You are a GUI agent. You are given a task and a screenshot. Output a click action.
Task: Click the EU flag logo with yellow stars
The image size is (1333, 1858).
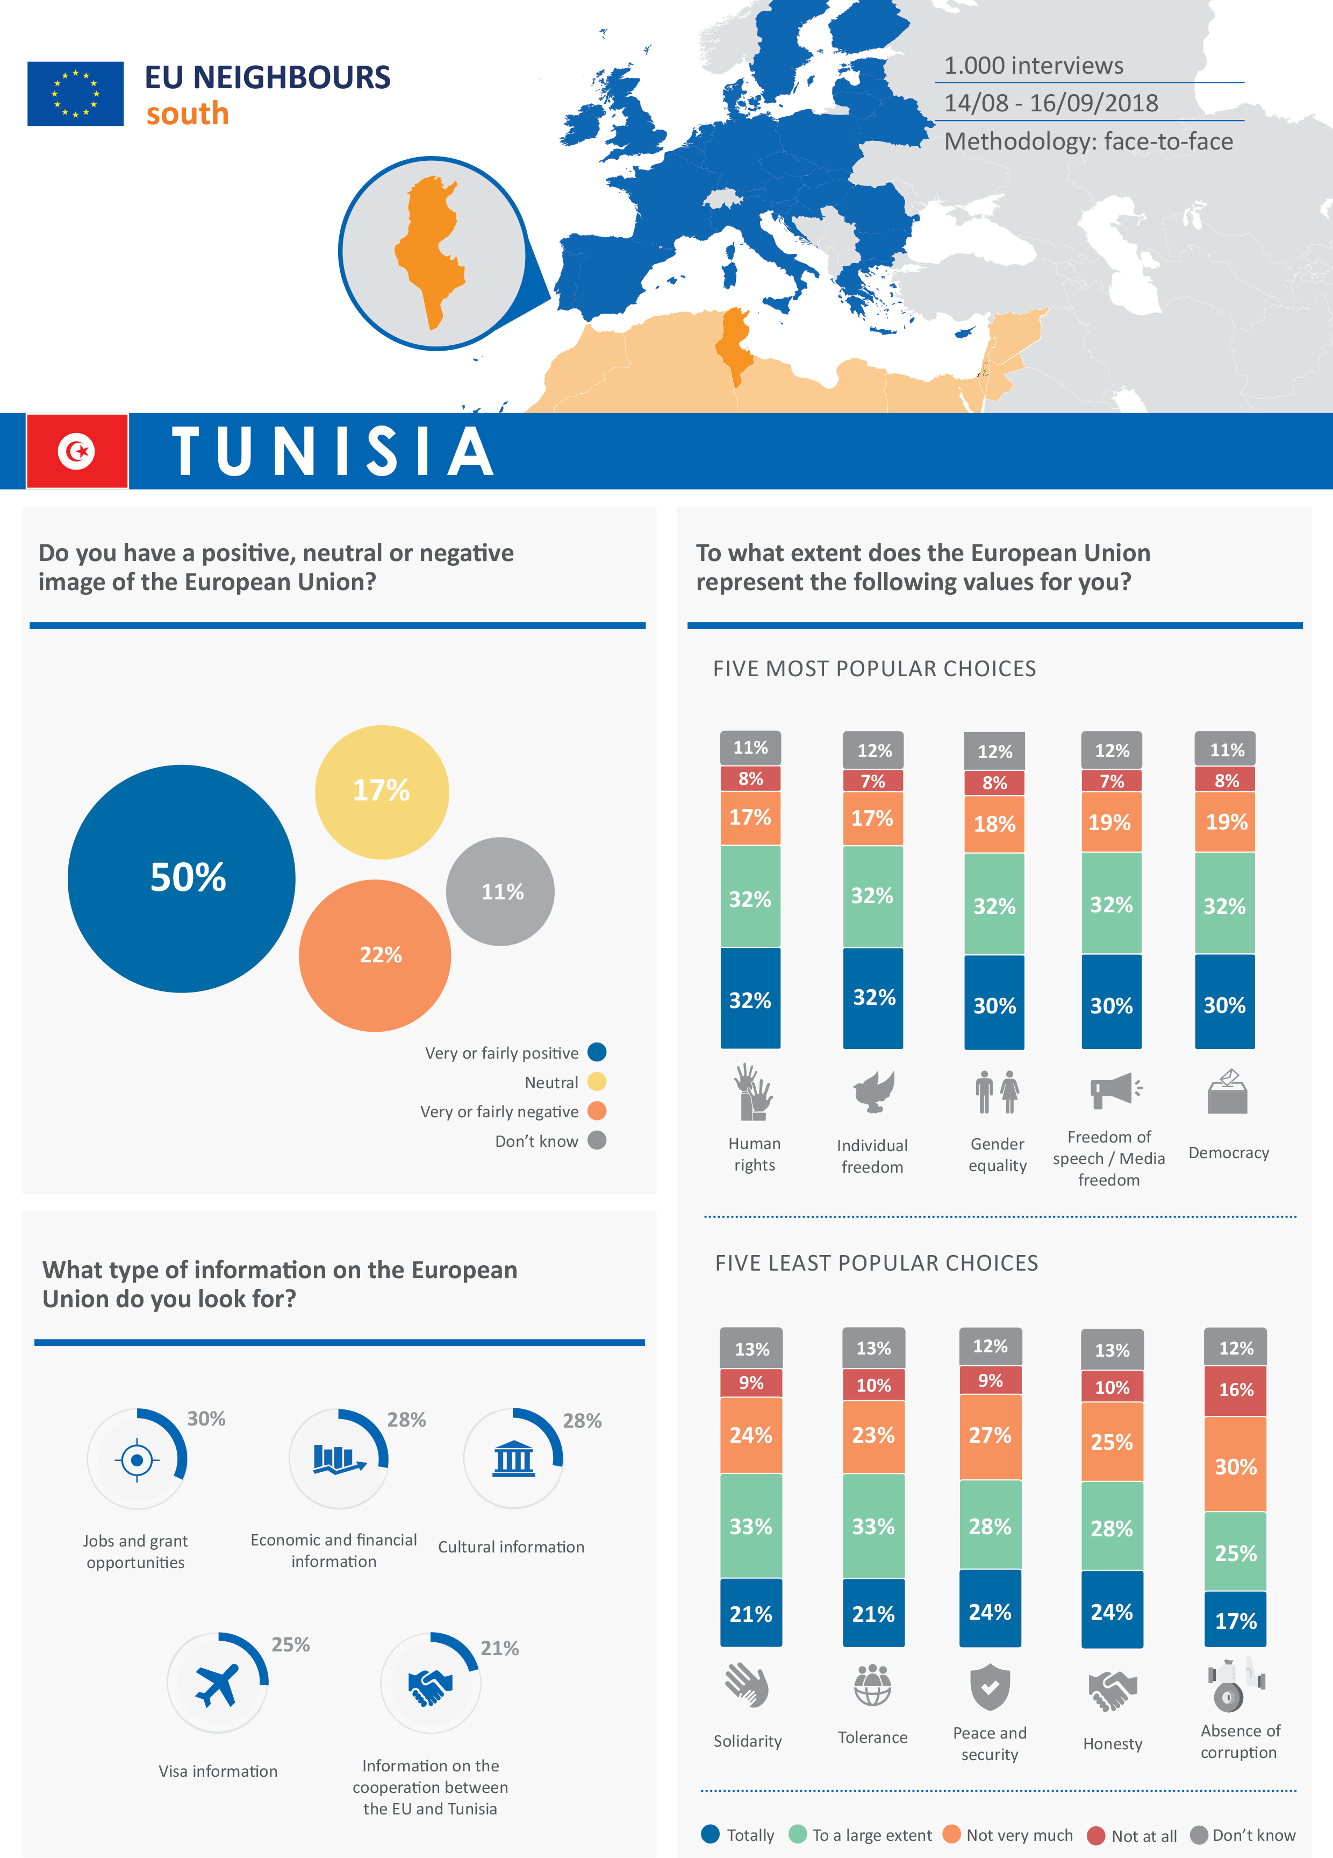click(75, 94)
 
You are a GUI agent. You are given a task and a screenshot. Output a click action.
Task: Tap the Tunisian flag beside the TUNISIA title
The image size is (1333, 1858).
click(77, 451)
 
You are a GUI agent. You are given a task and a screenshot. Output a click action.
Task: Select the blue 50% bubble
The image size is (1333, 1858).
click(181, 878)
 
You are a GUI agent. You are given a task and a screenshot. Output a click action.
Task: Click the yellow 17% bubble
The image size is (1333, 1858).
click(382, 791)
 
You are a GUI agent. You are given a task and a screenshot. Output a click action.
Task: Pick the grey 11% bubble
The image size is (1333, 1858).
click(500, 891)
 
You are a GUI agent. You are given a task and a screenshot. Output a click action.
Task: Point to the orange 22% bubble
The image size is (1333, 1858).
click(375, 955)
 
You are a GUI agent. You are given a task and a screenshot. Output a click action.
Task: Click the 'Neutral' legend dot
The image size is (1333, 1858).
click(597, 1082)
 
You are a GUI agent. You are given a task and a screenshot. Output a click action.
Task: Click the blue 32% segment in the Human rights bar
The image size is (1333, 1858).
click(750, 999)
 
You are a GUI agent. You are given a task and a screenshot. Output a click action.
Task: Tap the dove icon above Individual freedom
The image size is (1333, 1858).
click(873, 1092)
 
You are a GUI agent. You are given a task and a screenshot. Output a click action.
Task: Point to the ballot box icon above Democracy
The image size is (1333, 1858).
click(1227, 1092)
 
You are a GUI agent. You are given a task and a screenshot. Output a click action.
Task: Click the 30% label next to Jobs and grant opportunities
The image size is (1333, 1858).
click(206, 1419)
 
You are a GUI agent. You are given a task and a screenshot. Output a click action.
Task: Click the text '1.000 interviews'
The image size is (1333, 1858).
click(1033, 66)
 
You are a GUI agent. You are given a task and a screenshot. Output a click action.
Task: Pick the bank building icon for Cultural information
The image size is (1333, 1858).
click(513, 1459)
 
